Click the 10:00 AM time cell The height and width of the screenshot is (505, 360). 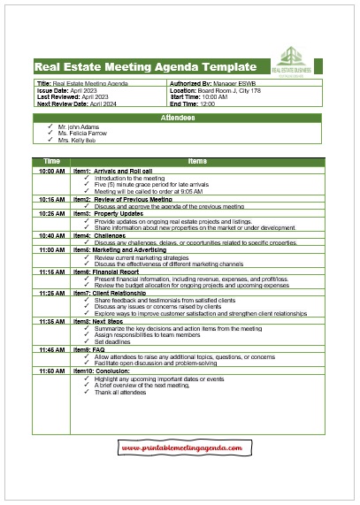click(51, 171)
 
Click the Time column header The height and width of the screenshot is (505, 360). click(51, 161)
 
